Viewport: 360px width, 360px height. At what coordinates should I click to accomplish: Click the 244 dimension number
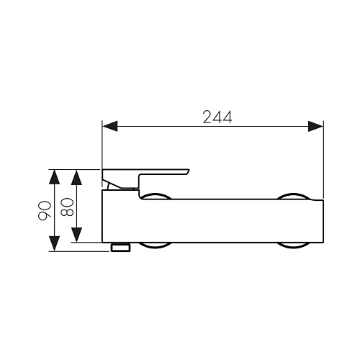pyautogui.click(x=217, y=117)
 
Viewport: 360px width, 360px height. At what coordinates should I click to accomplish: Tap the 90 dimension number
pyautogui.click(x=45, y=211)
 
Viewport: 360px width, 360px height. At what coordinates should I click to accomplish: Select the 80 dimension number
pyautogui.click(x=67, y=207)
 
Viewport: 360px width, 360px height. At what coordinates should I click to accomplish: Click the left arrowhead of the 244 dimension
pyautogui.click(x=110, y=126)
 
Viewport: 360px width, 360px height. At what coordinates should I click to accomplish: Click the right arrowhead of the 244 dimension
pyautogui.click(x=316, y=126)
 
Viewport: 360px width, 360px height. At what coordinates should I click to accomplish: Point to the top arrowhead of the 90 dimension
pyautogui.click(x=54, y=177)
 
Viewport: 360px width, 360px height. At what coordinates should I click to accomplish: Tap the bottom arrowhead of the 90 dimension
pyautogui.click(x=54, y=244)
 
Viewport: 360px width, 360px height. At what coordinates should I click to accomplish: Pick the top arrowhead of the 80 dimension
pyautogui.click(x=76, y=178)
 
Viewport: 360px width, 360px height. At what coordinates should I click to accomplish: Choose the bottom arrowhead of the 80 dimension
pyautogui.click(x=76, y=235)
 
